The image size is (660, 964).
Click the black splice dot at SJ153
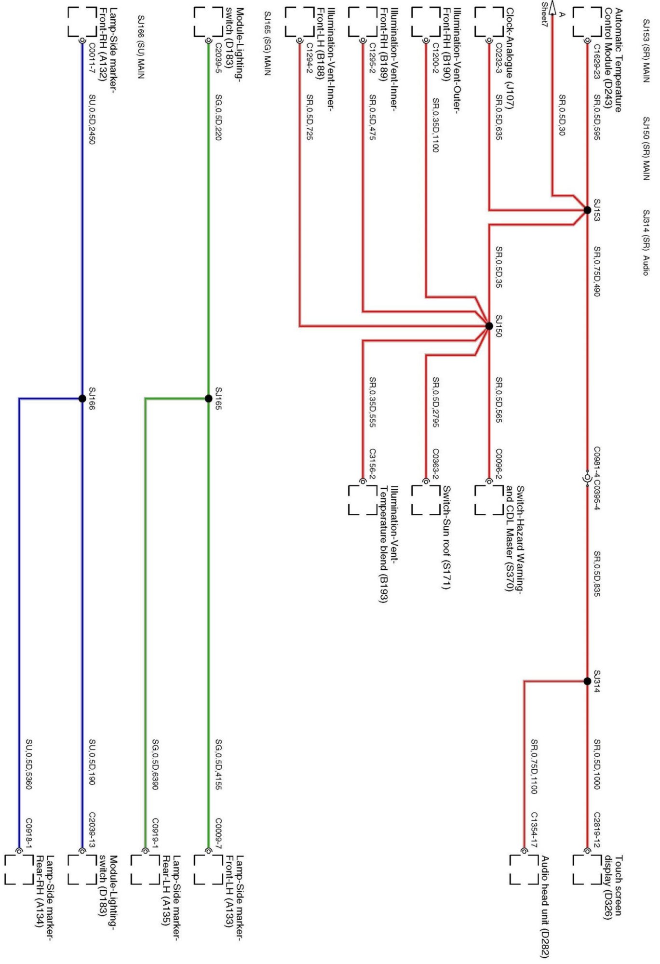(587, 210)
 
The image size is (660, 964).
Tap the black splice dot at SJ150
(489, 326)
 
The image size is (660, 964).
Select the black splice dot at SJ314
(587, 681)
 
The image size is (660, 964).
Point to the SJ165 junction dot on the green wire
(208, 399)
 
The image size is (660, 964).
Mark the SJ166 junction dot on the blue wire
(82, 399)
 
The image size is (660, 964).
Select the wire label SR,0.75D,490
(597, 271)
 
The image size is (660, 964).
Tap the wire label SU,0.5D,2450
(92, 119)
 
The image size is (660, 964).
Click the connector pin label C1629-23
(597, 62)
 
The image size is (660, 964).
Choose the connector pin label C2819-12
(597, 830)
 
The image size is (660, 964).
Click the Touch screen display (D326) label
(613, 887)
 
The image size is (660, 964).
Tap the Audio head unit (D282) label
(545, 906)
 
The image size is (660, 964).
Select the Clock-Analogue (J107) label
(509, 58)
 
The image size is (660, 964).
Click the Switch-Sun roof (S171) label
(446, 537)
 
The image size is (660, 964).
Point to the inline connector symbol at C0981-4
(587, 478)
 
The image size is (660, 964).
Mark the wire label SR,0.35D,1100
(435, 125)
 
